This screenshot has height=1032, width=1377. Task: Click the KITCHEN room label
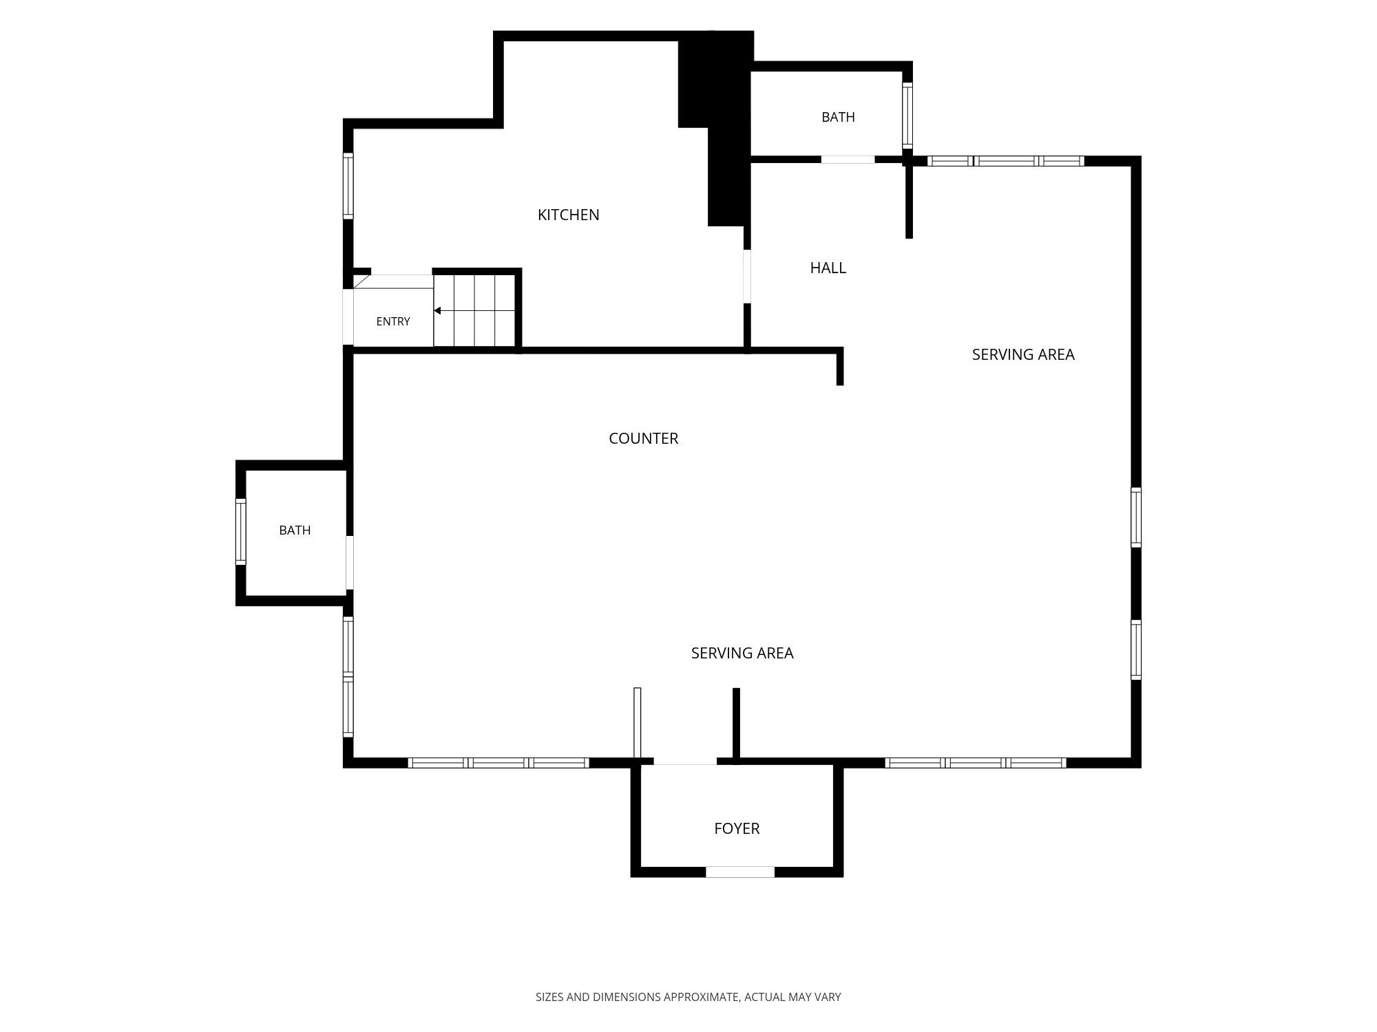(x=568, y=215)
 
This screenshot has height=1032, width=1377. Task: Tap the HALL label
(x=828, y=268)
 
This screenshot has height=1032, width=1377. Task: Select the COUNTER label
(x=643, y=438)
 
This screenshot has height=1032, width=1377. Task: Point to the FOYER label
(x=737, y=828)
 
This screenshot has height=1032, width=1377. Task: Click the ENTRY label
(x=393, y=321)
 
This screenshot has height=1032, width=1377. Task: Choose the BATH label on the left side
(x=295, y=530)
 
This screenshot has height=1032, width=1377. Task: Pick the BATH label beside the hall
(x=838, y=117)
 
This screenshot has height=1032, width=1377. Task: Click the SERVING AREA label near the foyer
(x=742, y=653)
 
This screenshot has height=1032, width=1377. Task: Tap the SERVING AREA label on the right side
(x=1023, y=354)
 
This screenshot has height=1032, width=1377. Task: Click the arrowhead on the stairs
(x=437, y=311)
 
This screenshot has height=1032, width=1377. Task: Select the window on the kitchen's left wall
(x=348, y=186)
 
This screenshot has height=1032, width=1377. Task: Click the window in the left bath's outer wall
(x=241, y=532)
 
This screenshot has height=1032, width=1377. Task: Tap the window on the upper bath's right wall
(x=907, y=116)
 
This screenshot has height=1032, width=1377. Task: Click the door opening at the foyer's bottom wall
(x=740, y=872)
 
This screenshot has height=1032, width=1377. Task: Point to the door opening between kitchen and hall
(x=747, y=276)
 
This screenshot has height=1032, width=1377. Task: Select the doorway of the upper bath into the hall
(x=848, y=160)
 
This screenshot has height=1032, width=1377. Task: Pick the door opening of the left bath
(x=350, y=563)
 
